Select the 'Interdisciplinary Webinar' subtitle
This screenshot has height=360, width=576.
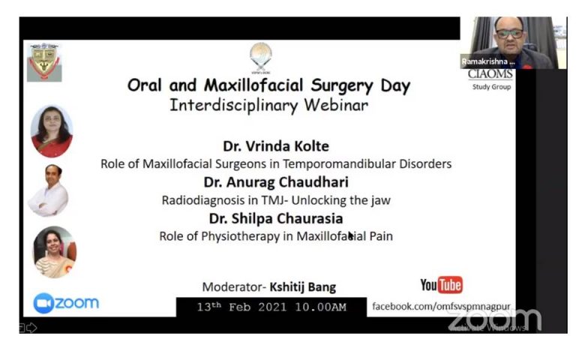(268, 105)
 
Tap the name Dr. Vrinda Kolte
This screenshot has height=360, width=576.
(275, 146)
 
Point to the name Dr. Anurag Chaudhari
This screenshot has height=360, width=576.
(275, 182)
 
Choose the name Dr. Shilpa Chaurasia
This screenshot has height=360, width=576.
(275, 218)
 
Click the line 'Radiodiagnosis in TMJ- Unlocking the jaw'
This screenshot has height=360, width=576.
(275, 200)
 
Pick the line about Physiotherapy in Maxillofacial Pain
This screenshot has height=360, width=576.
(275, 236)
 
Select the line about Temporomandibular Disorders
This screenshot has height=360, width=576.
(275, 164)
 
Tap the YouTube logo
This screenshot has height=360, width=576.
(441, 285)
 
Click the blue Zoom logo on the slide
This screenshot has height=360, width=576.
(66, 303)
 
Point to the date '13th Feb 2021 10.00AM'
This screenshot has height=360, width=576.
(271, 307)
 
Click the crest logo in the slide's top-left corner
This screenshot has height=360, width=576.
(44, 61)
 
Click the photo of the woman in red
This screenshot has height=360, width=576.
(52, 131)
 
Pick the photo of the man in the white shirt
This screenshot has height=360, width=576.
(49, 190)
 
